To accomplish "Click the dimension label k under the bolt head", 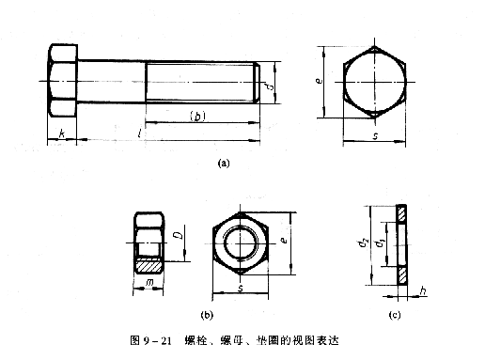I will [61, 135].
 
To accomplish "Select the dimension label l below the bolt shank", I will [140, 134].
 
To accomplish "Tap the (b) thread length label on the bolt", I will [198, 117].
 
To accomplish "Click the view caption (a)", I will [223, 163].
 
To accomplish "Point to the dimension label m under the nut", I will [149, 283].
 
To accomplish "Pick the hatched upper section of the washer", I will [403, 215].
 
